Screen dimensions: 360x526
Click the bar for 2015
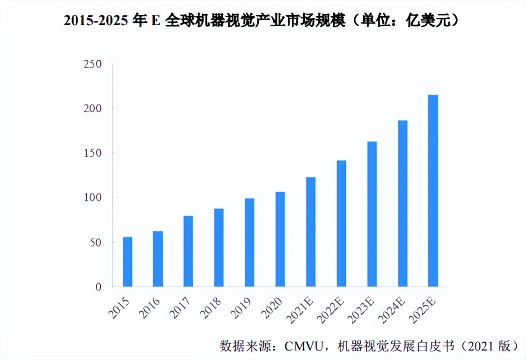click(x=127, y=262)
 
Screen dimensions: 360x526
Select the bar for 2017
click(x=188, y=251)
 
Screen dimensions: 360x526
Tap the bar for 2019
click(x=249, y=242)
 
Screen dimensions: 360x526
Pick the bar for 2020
click(x=280, y=239)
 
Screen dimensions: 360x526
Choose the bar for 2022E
click(x=341, y=223)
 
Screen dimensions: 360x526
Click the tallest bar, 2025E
click(x=433, y=191)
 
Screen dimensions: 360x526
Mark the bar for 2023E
click(x=372, y=214)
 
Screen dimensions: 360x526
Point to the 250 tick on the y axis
click(x=92, y=64)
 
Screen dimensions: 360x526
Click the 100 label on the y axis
click(x=92, y=198)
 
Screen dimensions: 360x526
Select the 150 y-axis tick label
click(x=92, y=153)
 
